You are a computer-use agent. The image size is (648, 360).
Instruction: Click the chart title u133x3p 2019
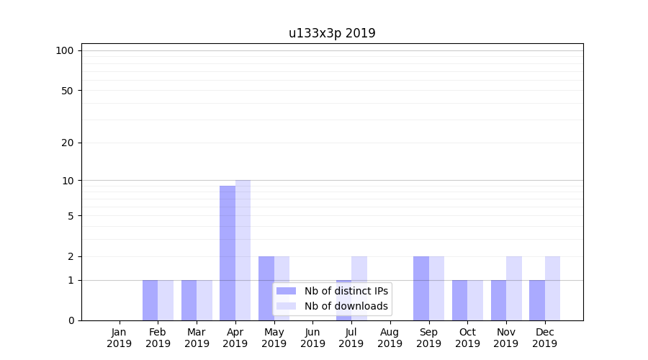(x=332, y=33)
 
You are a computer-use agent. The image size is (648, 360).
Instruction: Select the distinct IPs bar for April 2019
(x=228, y=253)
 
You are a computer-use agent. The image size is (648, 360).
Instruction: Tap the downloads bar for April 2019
(x=243, y=250)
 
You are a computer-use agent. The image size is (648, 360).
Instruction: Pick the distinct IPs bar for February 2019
(x=150, y=300)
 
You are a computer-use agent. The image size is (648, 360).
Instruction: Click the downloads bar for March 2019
(x=204, y=300)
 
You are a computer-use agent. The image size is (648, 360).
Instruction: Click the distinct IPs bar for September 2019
(x=420, y=288)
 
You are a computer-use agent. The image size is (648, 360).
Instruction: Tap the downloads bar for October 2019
(x=475, y=300)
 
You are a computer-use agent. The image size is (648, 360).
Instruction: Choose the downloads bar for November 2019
(x=514, y=288)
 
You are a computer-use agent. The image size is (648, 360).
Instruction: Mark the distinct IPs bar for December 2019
(x=537, y=300)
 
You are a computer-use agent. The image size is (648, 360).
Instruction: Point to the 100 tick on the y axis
(x=65, y=50)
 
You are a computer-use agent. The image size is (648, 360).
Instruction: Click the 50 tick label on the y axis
(x=68, y=91)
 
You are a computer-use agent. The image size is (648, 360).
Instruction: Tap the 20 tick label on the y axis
(x=68, y=143)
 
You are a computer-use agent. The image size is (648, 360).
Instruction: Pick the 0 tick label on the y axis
(x=71, y=320)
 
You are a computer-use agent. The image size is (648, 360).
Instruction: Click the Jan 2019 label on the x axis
(x=120, y=338)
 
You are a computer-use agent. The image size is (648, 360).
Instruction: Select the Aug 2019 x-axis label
(x=390, y=338)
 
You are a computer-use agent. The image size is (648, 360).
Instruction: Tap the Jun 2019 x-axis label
(x=312, y=338)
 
